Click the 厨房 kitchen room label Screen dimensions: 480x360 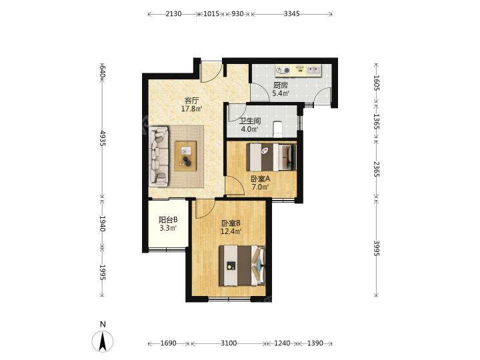point(281,85)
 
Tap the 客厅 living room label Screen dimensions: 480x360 point(191,101)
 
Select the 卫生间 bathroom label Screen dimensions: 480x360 point(250,121)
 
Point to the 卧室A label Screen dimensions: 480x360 point(260,179)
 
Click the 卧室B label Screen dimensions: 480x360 point(231,223)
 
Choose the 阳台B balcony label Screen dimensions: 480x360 point(168,220)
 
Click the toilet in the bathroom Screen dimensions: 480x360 point(277,129)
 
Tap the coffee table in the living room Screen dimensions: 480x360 point(185,156)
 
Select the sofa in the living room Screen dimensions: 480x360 point(159,156)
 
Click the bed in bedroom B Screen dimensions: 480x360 point(242,265)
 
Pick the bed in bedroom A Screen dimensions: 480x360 point(271,157)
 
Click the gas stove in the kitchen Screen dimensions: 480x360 point(282,71)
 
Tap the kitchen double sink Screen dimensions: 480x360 point(313,70)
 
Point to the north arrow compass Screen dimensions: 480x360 point(103,341)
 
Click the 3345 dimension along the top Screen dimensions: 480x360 point(291,14)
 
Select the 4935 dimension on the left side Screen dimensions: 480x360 point(102,138)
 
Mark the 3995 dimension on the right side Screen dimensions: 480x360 point(377,248)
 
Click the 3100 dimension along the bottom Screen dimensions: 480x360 point(229,343)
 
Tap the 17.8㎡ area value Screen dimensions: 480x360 point(191,109)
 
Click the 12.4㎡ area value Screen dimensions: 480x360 point(231,231)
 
